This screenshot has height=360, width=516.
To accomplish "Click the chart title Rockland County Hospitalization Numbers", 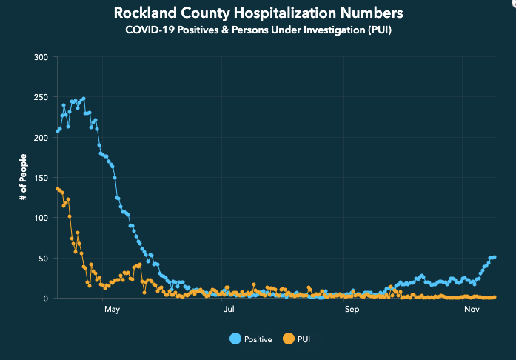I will (258, 13).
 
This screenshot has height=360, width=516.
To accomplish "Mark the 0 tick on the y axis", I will (46, 299).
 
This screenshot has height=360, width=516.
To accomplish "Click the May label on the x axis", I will (112, 309).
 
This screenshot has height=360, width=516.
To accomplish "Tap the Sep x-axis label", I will (352, 309).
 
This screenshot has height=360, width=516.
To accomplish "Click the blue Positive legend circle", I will (235, 339).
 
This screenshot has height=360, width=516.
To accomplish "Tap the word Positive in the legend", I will (258, 339).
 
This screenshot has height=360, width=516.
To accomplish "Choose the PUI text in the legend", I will (304, 339).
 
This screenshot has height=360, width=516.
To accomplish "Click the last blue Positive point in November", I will (495, 257).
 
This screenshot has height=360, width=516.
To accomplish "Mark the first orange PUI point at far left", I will (58, 189).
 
